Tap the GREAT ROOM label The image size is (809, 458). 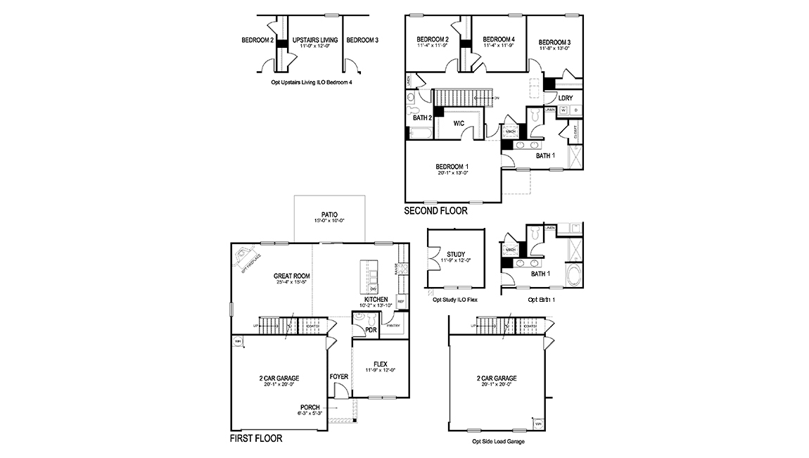292,276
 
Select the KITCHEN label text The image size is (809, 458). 376,299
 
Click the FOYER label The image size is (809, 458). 339,376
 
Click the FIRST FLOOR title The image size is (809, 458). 256,438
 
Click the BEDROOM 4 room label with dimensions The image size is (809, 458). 499,39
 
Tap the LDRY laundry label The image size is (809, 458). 566,98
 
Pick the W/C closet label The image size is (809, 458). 459,123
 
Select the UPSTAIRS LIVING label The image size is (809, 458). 314,40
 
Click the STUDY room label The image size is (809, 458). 456,254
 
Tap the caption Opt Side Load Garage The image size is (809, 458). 498,442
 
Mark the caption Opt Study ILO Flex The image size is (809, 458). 455,299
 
